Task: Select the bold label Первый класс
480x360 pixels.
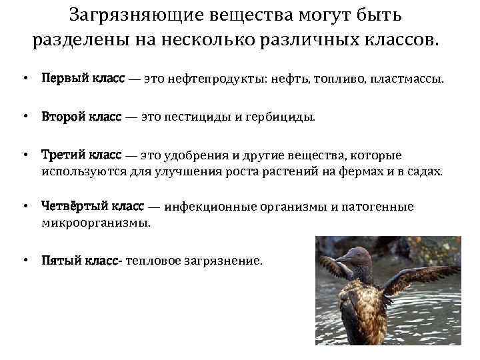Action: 83,79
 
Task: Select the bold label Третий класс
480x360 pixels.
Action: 81,155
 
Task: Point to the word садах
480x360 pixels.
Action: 425,171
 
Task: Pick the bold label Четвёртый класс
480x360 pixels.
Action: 97,207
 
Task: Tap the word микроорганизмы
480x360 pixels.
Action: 96,223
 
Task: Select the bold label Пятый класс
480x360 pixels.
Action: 79,261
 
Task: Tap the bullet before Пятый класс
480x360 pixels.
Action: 25,261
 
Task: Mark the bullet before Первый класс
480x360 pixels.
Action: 25,79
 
